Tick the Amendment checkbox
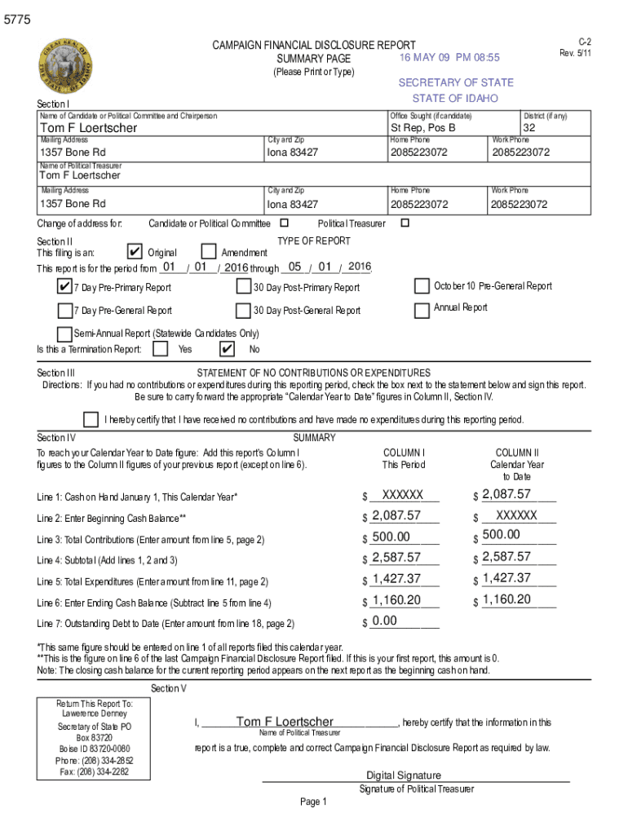click(208, 252)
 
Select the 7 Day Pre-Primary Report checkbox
click(64, 286)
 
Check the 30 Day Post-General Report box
click(243, 310)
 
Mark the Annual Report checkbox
click(422, 310)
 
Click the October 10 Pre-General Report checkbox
click(422, 286)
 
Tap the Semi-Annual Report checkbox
click(64, 334)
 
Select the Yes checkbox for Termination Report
click(161, 349)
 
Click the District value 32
click(529, 128)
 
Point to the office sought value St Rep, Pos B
click(422, 128)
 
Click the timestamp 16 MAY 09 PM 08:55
click(449, 58)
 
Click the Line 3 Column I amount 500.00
click(391, 537)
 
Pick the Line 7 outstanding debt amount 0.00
click(384, 621)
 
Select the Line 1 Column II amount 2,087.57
click(506, 494)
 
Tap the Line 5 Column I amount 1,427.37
click(396, 579)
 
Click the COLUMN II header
click(517, 453)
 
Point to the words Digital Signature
click(404, 775)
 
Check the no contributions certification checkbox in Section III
click(91, 419)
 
